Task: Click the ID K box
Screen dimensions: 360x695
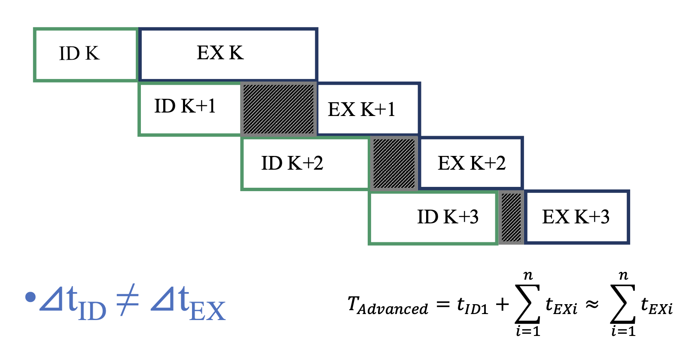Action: [x=85, y=55]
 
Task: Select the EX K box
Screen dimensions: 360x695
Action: [x=228, y=54]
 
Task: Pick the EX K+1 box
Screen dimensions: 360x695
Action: [x=368, y=109]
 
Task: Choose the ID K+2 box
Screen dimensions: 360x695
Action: [x=305, y=163]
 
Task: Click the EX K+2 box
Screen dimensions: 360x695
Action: [x=471, y=163]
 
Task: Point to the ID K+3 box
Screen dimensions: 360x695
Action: [x=433, y=218]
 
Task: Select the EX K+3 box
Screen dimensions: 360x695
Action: [x=576, y=217]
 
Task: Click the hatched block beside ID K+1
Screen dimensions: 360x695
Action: [x=279, y=109]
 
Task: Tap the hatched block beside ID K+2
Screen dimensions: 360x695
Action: [x=394, y=163]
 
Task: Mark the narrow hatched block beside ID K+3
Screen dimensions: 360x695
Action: [x=511, y=217]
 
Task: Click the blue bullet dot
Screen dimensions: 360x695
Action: [x=30, y=297]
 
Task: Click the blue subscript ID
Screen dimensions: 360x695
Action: [x=92, y=311]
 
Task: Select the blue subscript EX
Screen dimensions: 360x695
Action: [x=207, y=311]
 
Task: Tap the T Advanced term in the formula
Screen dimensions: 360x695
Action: [x=387, y=305]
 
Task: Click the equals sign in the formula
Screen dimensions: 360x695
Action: [x=442, y=305]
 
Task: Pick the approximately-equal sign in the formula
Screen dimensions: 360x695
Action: [x=592, y=305]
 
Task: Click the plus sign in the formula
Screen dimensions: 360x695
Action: [x=502, y=305]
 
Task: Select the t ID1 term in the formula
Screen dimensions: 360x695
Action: [x=472, y=305]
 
